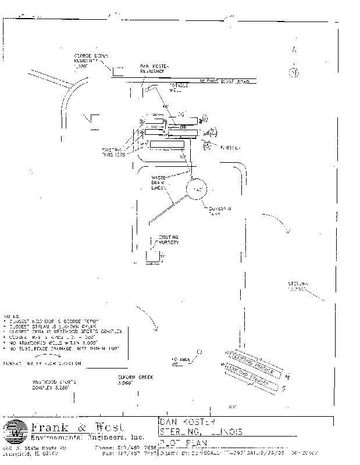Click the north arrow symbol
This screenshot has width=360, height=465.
coord(294,72)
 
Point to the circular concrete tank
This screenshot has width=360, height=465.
coord(198,190)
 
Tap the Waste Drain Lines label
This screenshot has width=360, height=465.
coord(159,182)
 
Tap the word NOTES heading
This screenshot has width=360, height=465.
coord(11,314)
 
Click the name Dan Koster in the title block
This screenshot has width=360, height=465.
coord(186,421)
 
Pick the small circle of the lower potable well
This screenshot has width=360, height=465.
coord(199,352)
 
